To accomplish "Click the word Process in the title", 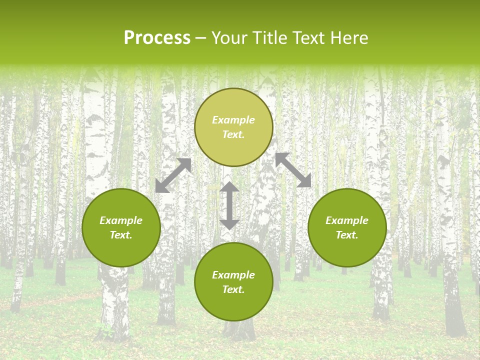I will point(157,38).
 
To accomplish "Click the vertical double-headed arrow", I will point(229,206).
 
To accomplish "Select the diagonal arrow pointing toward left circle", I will point(173,175).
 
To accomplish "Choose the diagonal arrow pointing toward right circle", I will point(293,170).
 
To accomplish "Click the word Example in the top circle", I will point(233,120).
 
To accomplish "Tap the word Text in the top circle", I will point(233,134).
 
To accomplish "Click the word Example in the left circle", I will point(121,220).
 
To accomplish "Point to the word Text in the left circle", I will point(121,235).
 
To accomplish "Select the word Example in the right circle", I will point(347,220).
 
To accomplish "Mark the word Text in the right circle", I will point(347,235).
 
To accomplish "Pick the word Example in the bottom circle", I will point(233,275).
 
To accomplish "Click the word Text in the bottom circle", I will point(233,289).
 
